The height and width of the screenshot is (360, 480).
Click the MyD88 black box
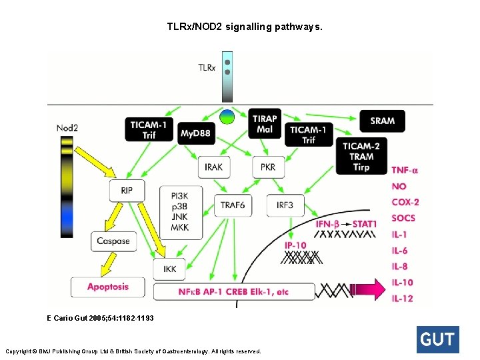point(196,133)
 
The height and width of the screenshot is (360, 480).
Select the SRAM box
point(383,121)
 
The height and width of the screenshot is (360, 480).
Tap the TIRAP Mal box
point(265,123)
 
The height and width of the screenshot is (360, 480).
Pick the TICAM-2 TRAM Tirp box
point(361,156)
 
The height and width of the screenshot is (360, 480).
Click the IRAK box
point(214,167)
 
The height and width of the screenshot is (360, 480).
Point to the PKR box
point(268,167)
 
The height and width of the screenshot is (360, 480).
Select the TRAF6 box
point(233,205)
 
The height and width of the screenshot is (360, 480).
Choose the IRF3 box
point(285,205)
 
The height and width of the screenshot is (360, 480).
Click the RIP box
point(127,191)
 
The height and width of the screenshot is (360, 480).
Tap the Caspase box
point(113,241)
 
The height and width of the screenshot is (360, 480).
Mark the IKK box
point(169,269)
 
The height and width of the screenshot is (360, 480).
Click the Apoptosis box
point(108,287)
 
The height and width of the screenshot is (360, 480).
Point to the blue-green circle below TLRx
point(227,117)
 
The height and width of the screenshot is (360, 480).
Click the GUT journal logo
point(438,339)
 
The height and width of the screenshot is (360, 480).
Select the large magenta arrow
point(367,289)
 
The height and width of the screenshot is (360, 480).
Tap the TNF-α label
point(405,170)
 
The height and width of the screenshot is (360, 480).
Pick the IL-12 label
point(402,298)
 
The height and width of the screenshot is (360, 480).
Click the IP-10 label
point(295,245)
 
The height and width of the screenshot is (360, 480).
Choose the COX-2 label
point(405,203)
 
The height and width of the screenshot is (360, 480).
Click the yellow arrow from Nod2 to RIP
point(95,161)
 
